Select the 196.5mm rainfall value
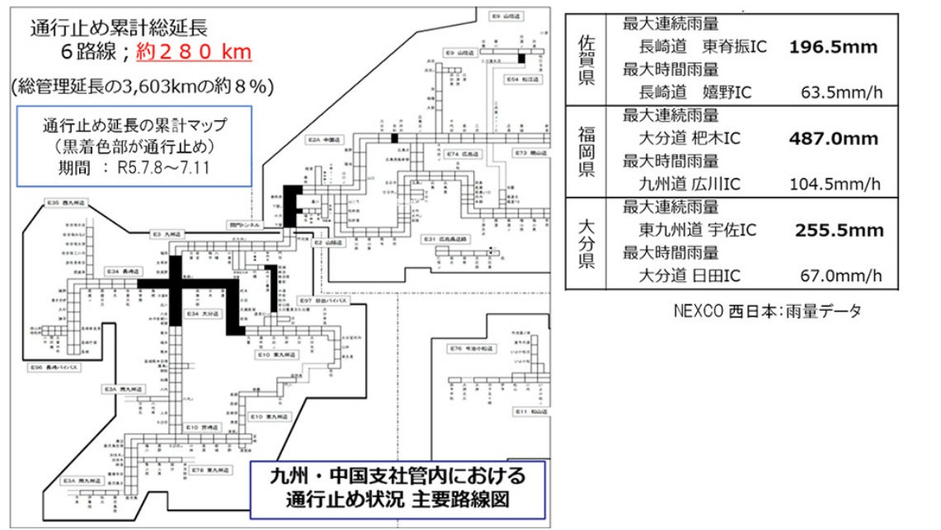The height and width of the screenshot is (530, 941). pyautogui.click(x=833, y=47)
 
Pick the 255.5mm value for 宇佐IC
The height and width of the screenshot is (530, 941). pyautogui.click(x=839, y=230)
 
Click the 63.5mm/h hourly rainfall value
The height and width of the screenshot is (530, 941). pyautogui.click(x=841, y=91)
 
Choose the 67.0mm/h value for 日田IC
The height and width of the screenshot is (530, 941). pyautogui.click(x=841, y=275)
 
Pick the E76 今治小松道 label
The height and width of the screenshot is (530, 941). pyautogui.click(x=472, y=349)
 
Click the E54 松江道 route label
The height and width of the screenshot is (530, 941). pyautogui.click(x=524, y=79)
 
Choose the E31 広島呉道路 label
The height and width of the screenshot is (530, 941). pyautogui.click(x=445, y=238)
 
